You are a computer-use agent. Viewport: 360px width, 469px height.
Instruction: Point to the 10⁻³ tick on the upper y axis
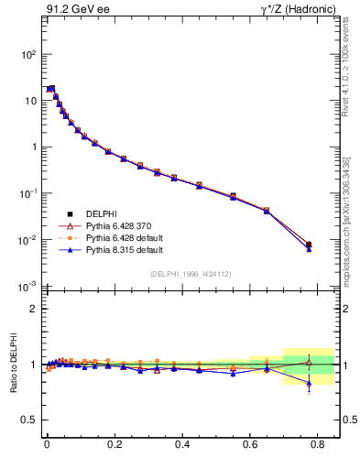[x=27, y=287]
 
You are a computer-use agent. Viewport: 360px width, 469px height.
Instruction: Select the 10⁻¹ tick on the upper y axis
[x=27, y=193]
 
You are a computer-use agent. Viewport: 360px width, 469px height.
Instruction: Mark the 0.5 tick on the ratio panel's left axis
[x=28, y=420]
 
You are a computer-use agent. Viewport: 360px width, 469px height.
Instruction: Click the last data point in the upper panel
[x=309, y=245]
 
